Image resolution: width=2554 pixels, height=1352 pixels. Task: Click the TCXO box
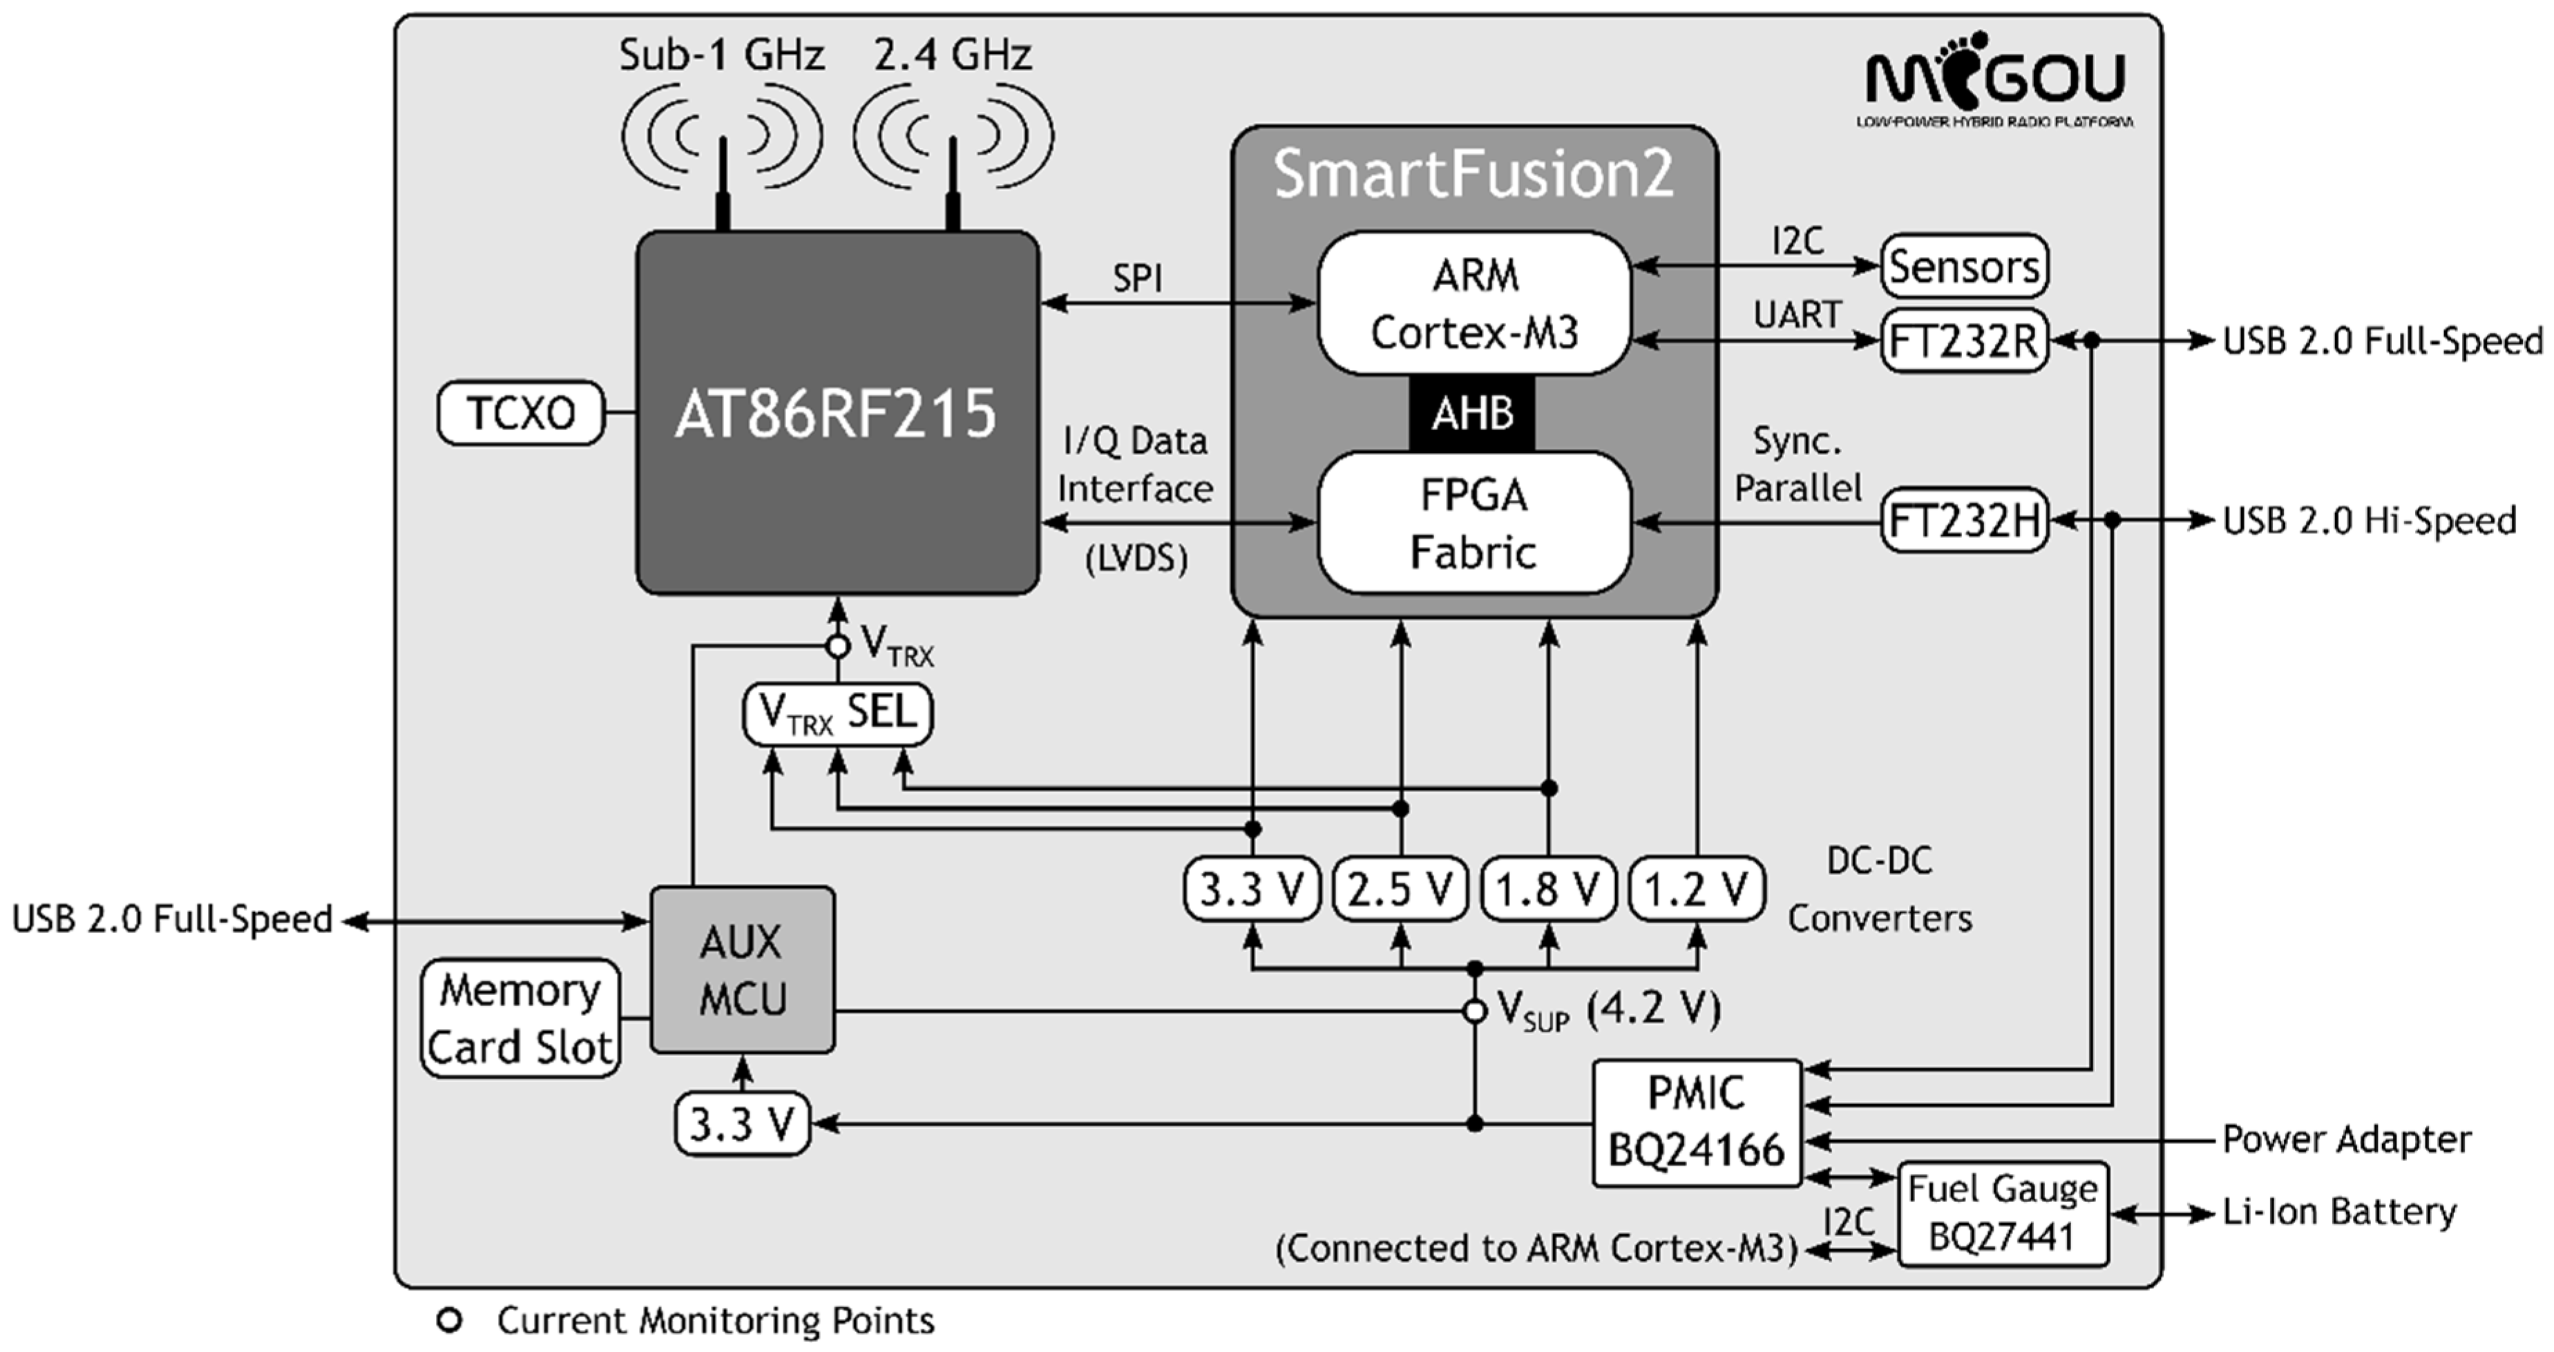click(x=520, y=412)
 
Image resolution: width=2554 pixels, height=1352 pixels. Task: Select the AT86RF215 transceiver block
click(x=836, y=412)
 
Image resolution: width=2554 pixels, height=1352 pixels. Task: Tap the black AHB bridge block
click(x=1472, y=412)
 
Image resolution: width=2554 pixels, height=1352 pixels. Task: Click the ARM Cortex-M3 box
click(x=1474, y=303)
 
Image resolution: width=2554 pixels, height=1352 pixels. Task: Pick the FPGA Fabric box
click(x=1474, y=523)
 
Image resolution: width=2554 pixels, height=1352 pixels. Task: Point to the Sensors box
click(x=1963, y=266)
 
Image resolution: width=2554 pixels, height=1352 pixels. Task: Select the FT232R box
click(x=1963, y=342)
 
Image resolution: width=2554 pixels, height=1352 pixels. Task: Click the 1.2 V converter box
click(x=1697, y=889)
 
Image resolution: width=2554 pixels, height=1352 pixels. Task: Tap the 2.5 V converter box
click(x=1400, y=889)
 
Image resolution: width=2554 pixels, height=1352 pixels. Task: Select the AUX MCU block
click(x=742, y=969)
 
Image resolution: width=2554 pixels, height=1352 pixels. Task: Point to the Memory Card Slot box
click(x=520, y=1018)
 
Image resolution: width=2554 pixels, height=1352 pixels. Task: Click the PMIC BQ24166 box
click(x=1697, y=1122)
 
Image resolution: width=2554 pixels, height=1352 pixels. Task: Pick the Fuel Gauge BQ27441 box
click(x=2002, y=1213)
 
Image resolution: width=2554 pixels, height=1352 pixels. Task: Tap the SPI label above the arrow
click(x=1137, y=278)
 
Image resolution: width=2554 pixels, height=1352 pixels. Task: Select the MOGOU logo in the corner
click(x=1995, y=79)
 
